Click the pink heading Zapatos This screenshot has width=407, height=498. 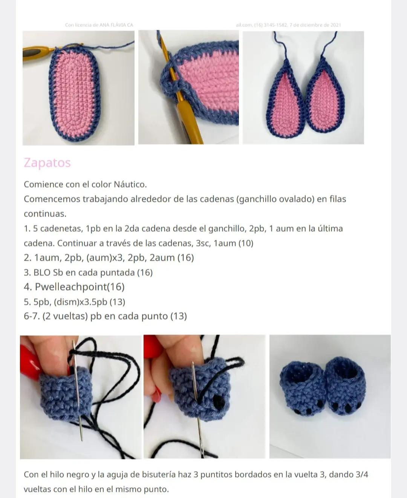click(x=47, y=163)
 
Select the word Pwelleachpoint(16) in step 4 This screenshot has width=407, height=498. click(x=80, y=287)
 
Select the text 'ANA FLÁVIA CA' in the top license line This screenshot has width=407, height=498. click(x=116, y=25)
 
